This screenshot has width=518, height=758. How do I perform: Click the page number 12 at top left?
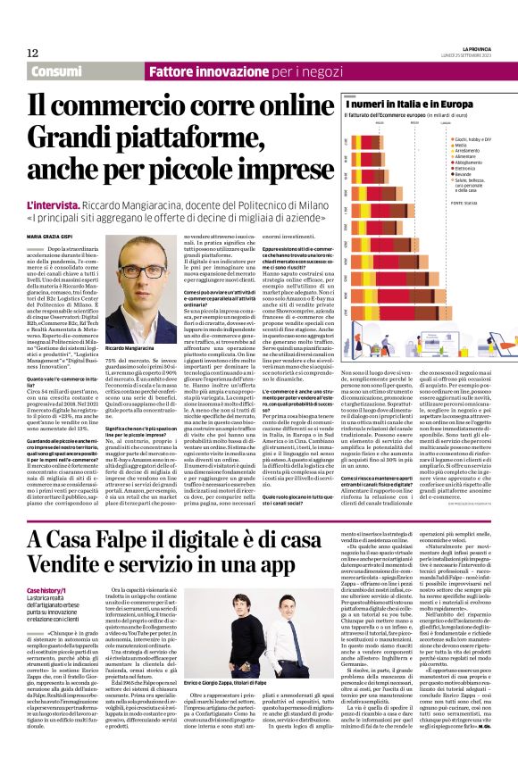click(x=32, y=53)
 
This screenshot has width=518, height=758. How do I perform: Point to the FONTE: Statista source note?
click(x=465, y=204)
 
